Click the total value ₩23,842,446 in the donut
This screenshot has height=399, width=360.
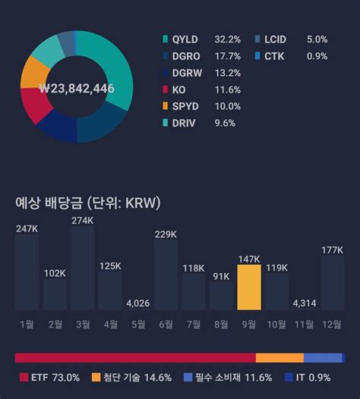click(76, 89)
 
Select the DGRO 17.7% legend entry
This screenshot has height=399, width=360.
click(201, 56)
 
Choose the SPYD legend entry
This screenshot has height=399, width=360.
click(201, 106)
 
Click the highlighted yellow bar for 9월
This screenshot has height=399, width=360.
click(249, 287)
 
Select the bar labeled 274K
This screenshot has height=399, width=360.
click(82, 267)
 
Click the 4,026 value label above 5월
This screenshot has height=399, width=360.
click(137, 303)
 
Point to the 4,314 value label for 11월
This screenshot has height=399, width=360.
click(305, 303)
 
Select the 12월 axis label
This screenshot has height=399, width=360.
click(332, 324)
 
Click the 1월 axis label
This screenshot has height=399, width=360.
click(27, 324)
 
